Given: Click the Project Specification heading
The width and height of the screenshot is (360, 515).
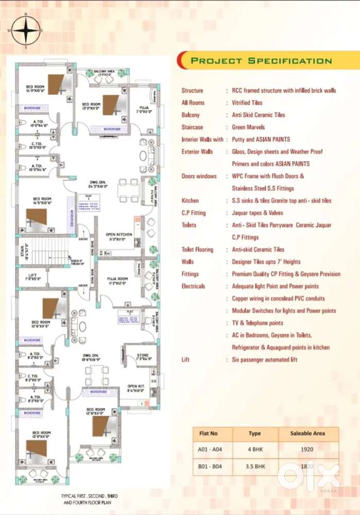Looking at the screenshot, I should click(261, 61).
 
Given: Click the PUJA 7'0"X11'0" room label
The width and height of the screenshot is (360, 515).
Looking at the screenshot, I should click(143, 109).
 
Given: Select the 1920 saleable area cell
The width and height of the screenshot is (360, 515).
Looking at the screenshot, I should click(307, 449).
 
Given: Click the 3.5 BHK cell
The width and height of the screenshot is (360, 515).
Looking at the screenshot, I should click(254, 466).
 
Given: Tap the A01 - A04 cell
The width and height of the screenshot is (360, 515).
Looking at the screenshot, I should click(208, 449).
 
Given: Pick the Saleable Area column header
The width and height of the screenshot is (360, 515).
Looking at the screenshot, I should click(307, 434).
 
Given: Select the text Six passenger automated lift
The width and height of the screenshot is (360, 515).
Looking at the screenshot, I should click(264, 359).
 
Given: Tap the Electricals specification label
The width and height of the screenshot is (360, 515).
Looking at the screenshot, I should click(193, 286).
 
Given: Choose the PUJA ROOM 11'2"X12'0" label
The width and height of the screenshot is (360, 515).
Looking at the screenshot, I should click(117, 280).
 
